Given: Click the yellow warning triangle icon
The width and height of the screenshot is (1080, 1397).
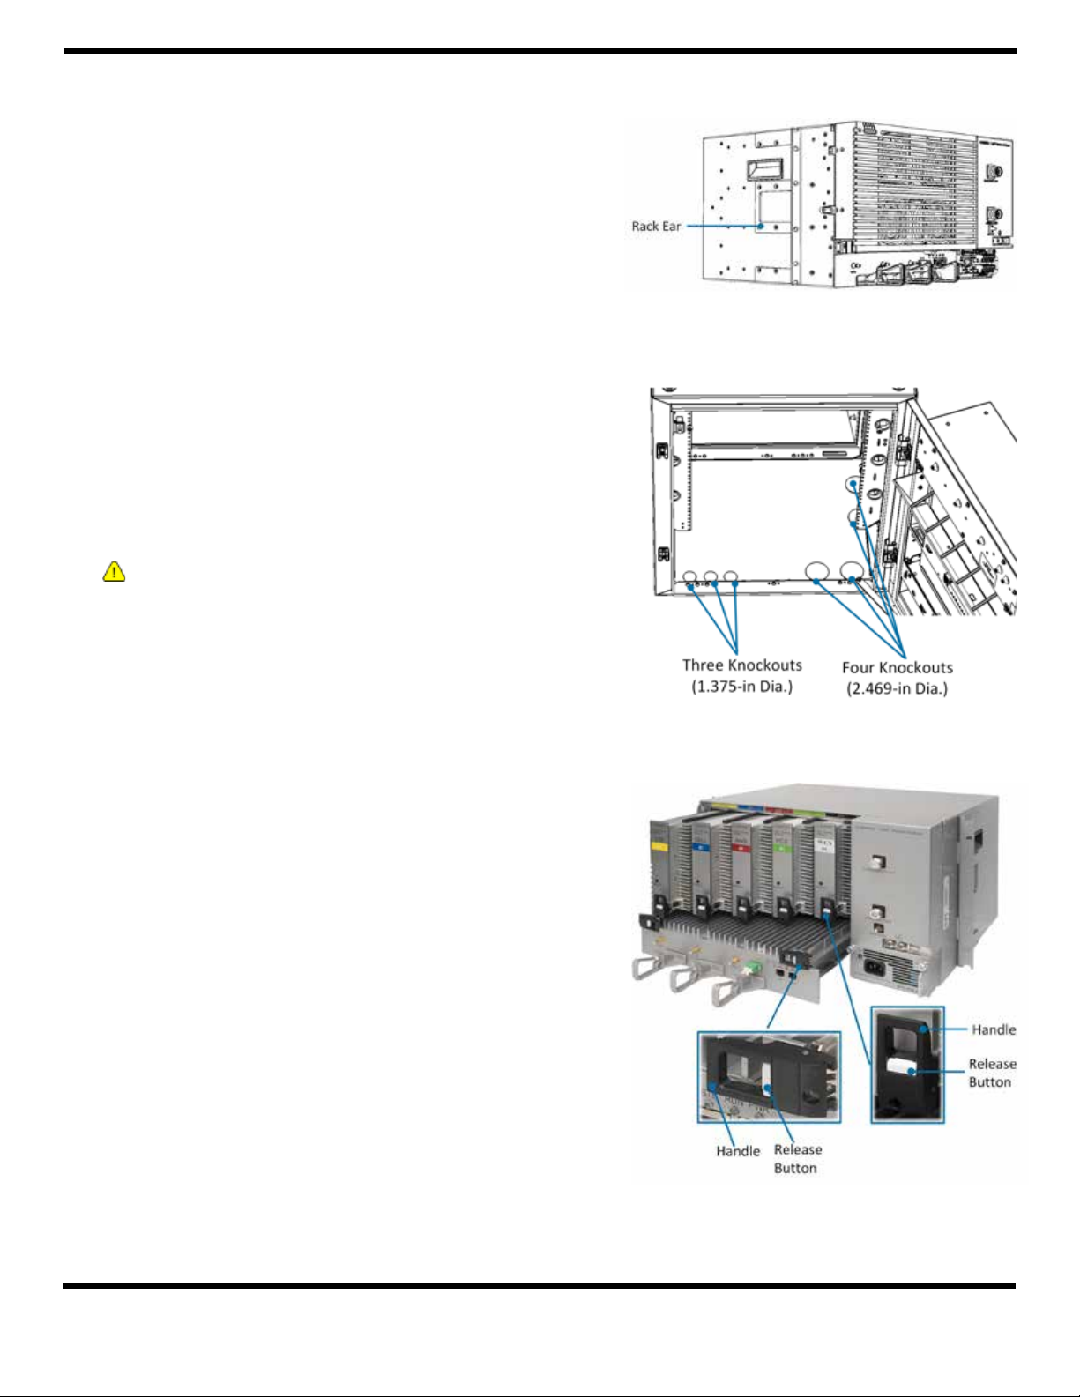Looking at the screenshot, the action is (114, 571).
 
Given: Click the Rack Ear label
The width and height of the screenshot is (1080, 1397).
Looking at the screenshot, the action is (656, 227).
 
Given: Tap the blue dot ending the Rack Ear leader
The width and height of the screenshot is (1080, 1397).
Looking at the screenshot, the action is (761, 226).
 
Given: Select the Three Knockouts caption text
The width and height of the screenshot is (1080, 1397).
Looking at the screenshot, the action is (741, 665).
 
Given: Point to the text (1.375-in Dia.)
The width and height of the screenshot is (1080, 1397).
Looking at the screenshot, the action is (741, 687).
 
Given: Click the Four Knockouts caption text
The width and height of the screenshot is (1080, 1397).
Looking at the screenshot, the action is (898, 667).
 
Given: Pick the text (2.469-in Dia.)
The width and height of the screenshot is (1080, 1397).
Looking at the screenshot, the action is (898, 689).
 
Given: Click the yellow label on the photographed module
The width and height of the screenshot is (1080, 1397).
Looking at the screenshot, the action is (659, 847).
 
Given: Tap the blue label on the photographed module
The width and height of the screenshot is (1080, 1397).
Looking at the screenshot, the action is (701, 848).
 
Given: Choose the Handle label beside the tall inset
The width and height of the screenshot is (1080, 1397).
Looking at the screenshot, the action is (994, 1030).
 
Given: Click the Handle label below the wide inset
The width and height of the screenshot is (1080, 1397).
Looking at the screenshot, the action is (737, 1151).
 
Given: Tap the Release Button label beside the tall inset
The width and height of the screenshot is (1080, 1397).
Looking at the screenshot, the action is (991, 1073).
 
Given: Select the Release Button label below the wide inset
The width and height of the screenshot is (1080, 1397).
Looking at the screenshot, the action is (797, 1159).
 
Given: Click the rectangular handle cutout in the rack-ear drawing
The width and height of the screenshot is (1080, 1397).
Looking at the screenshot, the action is (763, 170).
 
